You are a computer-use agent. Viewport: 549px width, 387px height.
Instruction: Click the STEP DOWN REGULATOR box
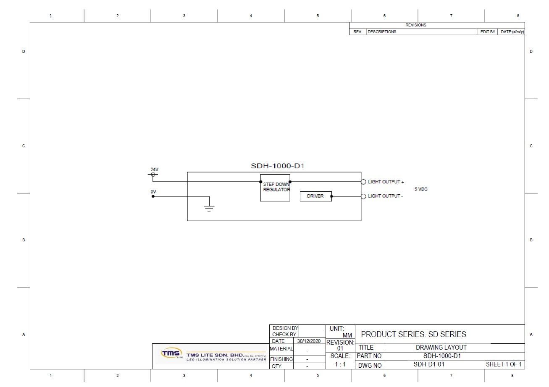[x=275, y=188]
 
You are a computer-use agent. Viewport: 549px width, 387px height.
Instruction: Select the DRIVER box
[x=315, y=196]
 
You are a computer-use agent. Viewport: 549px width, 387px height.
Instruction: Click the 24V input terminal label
[x=155, y=170]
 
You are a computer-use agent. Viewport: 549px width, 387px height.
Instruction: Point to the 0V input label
[x=153, y=192]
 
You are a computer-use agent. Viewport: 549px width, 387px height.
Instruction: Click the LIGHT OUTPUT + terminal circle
[x=364, y=182]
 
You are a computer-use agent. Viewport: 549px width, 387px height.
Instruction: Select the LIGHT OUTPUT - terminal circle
[x=364, y=196]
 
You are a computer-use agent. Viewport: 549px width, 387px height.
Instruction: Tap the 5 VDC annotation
[x=421, y=189]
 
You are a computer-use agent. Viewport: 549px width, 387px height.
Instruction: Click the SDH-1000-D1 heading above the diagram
[x=277, y=166]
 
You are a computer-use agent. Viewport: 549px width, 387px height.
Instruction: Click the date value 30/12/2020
[x=309, y=341]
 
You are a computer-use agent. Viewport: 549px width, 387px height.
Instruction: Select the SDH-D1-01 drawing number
[x=429, y=364]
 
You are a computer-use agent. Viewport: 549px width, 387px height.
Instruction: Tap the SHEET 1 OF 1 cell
[x=504, y=364]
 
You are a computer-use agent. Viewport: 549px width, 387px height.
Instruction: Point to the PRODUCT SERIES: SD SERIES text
[x=413, y=335]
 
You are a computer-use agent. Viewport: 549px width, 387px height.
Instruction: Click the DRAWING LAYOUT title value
[x=441, y=348]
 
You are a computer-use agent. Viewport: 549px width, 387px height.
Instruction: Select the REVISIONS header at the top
[x=415, y=25]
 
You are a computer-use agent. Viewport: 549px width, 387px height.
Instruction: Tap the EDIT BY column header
[x=488, y=32]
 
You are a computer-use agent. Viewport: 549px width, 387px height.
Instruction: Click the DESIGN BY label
[x=285, y=328]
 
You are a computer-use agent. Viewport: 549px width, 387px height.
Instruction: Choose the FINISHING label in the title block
[x=281, y=359]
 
